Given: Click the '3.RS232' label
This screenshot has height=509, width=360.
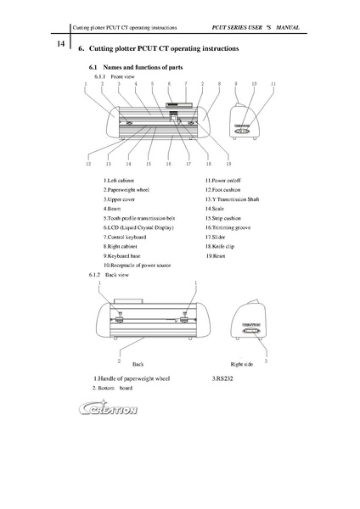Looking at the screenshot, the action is pyautogui.click(x=222, y=377).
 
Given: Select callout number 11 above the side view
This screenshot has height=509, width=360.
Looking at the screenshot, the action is pyautogui.click(x=273, y=85).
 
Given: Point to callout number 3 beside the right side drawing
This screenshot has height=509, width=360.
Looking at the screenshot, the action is pyautogui.click(x=267, y=361).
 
